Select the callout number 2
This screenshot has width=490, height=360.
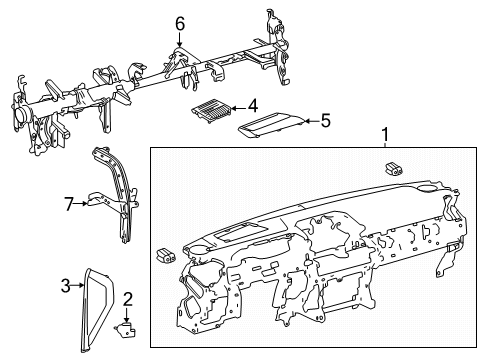(127, 300)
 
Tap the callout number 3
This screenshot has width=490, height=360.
(66, 287)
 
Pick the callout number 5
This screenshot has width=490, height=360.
(324, 120)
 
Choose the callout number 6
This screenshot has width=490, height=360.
(180, 23)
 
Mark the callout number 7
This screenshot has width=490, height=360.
(69, 204)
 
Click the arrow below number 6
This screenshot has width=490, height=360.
(180, 40)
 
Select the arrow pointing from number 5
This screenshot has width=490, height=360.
(308, 121)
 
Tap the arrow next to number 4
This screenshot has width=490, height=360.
(238, 106)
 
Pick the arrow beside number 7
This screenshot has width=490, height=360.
(82, 204)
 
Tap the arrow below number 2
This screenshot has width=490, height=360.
(127, 313)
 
